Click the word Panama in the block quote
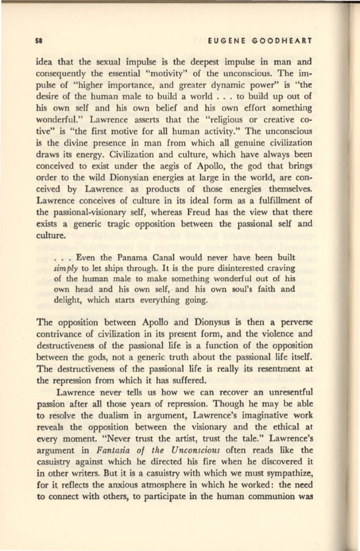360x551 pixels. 130,257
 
